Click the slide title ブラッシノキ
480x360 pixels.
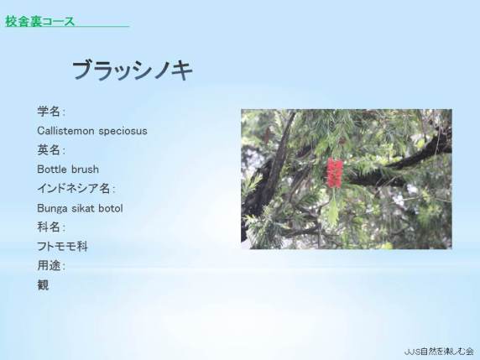(133, 70)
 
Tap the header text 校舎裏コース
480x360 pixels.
(39, 22)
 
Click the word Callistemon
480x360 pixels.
(65, 131)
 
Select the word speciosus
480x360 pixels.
(123, 131)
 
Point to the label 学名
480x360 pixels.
(49, 112)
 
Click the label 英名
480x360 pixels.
(49, 150)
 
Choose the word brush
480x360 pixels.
(85, 169)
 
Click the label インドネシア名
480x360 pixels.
(74, 188)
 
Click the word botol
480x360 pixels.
(111, 208)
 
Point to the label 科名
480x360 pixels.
(49, 227)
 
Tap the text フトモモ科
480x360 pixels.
(62, 247)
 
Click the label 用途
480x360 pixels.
(49, 265)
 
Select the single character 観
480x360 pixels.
(43, 285)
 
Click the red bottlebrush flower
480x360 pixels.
(334, 173)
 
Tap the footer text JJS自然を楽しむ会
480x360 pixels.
(439, 352)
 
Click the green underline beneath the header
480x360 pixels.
(67, 26)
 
